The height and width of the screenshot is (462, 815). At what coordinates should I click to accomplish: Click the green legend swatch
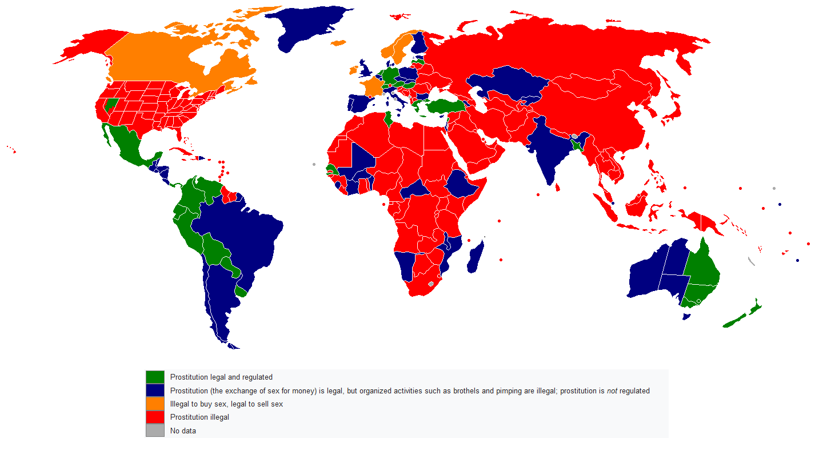[155, 377]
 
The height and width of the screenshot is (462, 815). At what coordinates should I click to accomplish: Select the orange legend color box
[155, 404]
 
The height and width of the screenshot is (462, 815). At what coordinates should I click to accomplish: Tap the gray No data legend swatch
[155, 430]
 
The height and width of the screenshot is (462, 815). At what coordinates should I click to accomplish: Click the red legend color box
[155, 417]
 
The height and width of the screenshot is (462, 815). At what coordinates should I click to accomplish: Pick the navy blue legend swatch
[155, 390]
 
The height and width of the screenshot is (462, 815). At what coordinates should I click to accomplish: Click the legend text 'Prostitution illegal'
[199, 417]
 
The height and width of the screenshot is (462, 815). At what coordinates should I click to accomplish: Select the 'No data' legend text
[183, 431]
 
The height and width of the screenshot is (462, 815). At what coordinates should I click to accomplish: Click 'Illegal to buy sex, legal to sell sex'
[226, 404]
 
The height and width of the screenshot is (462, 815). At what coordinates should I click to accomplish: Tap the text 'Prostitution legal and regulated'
[221, 377]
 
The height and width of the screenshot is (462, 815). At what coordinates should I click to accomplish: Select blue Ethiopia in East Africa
[464, 183]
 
